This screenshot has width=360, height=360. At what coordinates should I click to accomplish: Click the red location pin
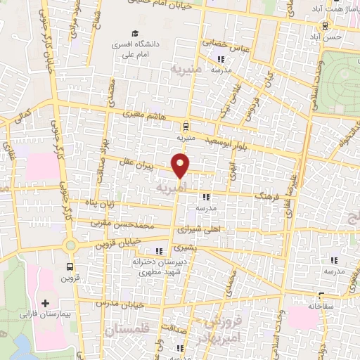click(x=181, y=167)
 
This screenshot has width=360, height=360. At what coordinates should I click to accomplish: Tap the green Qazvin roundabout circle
click(x=70, y=245)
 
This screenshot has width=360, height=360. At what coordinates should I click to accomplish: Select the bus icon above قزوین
click(x=70, y=266)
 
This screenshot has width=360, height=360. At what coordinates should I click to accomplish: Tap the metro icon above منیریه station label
click(x=185, y=127)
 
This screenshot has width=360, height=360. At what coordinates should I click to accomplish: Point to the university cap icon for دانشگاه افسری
click(x=134, y=33)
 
